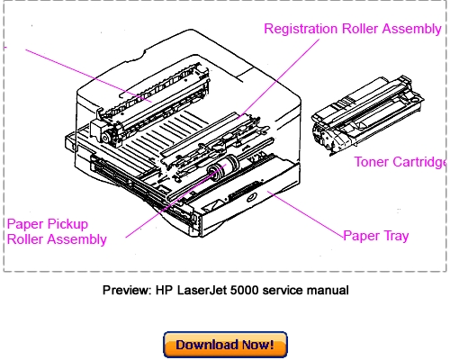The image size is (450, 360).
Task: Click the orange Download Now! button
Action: pyautogui.click(x=225, y=345)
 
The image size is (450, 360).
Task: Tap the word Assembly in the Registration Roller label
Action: pyautogui.click(x=409, y=29)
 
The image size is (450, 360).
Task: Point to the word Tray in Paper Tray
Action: pyautogui.click(x=393, y=237)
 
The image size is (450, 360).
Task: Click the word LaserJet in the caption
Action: pyautogui.click(x=211, y=290)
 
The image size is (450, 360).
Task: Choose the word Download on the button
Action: pyautogui.click(x=204, y=345)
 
